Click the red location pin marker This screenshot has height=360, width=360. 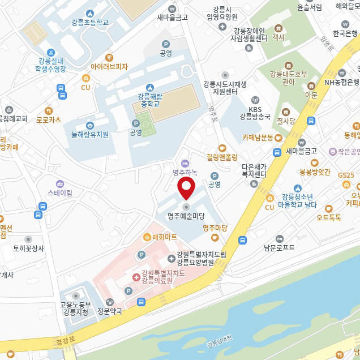click(187, 188)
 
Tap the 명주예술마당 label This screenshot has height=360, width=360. click(186, 216)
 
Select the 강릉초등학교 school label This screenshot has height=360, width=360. click(90, 23)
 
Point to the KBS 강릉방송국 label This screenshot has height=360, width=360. click(255, 113)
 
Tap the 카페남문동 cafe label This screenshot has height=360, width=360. click(258, 138)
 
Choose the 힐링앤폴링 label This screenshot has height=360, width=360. click(222, 157)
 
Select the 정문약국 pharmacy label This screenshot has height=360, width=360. click(110, 311)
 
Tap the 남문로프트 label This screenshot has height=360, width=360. click(279, 247)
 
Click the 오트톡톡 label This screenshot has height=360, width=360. click(329, 217)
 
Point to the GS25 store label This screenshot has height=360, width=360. click(346, 175)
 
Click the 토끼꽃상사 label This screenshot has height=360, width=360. click(28, 248)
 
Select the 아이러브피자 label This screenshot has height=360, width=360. click(109, 66)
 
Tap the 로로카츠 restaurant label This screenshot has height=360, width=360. click(49, 119)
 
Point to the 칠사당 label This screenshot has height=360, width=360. click(286, 121)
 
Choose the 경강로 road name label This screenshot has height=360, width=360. click(65, 341)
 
